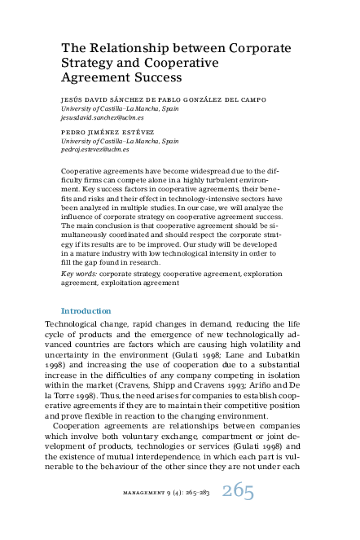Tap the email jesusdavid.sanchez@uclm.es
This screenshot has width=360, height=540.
pos(98,116)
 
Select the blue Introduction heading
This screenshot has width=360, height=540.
pos(86,311)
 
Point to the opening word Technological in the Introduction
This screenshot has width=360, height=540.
pos(75,324)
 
